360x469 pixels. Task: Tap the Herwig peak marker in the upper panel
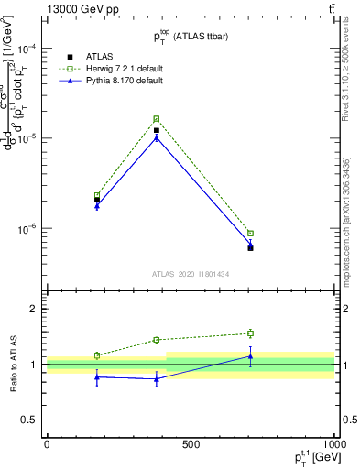[x=157, y=119]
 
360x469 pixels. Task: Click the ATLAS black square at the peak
[x=157, y=130]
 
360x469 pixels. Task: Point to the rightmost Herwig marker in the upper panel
[x=250, y=233]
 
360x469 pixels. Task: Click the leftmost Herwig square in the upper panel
[x=97, y=194]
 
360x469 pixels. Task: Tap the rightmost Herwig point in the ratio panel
[x=250, y=333]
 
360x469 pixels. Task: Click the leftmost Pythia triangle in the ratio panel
[x=97, y=376]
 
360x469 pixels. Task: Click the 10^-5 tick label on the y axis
[x=27, y=138]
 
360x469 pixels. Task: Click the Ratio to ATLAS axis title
[x=12, y=364]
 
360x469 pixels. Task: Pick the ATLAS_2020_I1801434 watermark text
[x=191, y=274]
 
